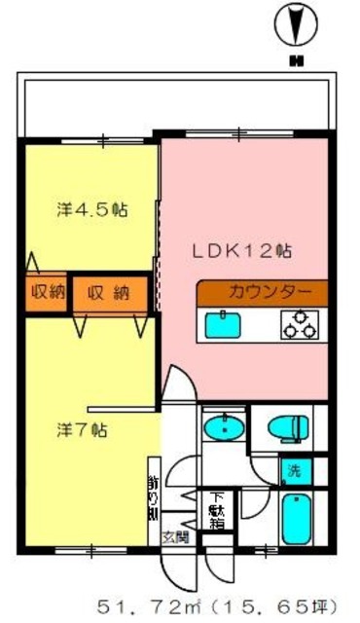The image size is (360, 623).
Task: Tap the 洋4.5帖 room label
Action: coord(91,209)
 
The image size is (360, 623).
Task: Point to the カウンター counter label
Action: coord(270,291)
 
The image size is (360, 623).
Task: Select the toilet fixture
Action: coord(290,426)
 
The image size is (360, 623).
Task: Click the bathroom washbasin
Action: coord(226,427)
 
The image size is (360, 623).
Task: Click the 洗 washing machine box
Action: coord(293,472)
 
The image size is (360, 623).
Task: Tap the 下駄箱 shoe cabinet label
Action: coord(215,508)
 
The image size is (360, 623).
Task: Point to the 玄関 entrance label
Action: coord(175,536)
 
